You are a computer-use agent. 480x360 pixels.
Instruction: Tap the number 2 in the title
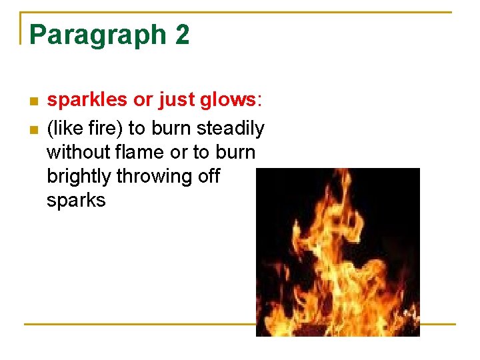182,35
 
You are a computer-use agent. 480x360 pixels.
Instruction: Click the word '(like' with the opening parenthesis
63,127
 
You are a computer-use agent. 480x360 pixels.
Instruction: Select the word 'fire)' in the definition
103,127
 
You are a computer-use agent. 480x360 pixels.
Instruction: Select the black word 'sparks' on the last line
76,201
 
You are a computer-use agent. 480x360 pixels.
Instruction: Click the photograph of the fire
338,252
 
